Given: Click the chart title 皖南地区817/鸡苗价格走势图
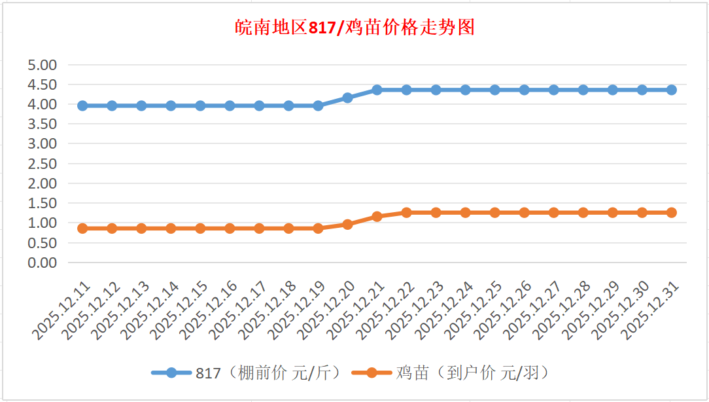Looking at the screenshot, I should tap(354, 27).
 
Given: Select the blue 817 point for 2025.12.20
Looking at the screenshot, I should tap(347, 98).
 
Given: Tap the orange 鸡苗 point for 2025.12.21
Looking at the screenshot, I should tap(377, 216).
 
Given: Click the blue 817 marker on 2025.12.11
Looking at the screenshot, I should tap(82, 105).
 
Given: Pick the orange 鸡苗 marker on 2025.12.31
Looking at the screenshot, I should tap(671, 212).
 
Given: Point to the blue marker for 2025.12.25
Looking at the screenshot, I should tap(494, 90).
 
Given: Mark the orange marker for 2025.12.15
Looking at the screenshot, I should tap(200, 228).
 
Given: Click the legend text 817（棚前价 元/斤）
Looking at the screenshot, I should tap(269, 373).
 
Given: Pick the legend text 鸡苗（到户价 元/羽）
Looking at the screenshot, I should tap(471, 373).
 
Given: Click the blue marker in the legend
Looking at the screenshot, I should tap(171, 373).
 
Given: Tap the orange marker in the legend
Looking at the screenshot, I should tap(372, 373).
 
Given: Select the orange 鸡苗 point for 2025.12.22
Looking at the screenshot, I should tap(406, 212).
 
